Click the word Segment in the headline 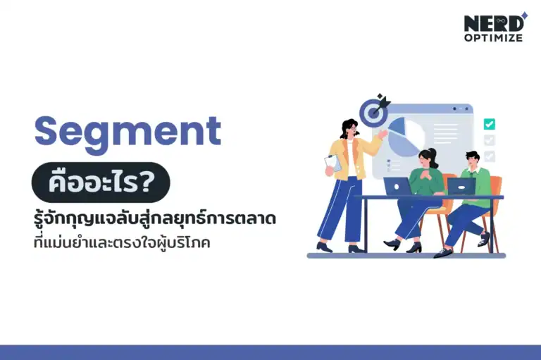coord(128,131)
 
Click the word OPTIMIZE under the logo coord(493,37)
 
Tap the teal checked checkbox coord(489,124)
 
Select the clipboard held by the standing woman coord(332,163)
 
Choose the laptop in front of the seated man coord(461,186)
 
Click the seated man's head coord(471,156)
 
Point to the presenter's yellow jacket coord(353,156)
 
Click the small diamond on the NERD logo coord(523,15)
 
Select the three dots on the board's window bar coord(461,108)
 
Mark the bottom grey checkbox coord(489,156)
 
